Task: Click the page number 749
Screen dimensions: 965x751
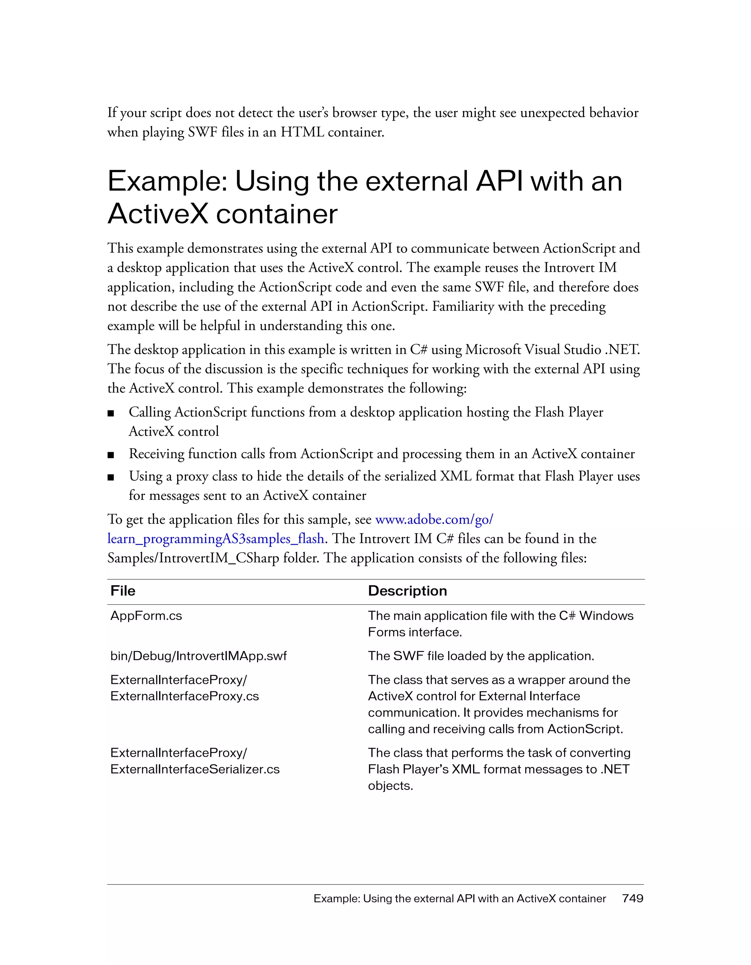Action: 633,898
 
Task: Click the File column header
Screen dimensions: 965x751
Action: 123,591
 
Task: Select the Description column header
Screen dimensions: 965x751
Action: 407,591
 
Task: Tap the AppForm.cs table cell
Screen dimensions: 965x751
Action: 146,615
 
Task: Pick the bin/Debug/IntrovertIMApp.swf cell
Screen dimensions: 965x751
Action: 198,656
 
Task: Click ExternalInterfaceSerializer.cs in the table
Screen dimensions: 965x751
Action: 195,769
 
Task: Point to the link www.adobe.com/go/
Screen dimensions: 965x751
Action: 434,519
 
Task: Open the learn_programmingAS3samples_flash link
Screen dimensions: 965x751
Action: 216,539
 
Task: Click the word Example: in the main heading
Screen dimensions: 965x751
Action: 168,181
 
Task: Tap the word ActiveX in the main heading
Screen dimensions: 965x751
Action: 157,214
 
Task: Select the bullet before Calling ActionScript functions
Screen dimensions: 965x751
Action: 111,413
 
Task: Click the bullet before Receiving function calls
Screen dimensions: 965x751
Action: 111,455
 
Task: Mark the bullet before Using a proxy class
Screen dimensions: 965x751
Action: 111,477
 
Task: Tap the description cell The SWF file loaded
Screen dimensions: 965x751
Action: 481,656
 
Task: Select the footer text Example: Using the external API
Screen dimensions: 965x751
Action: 460,898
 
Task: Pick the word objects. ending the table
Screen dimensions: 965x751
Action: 390,786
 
